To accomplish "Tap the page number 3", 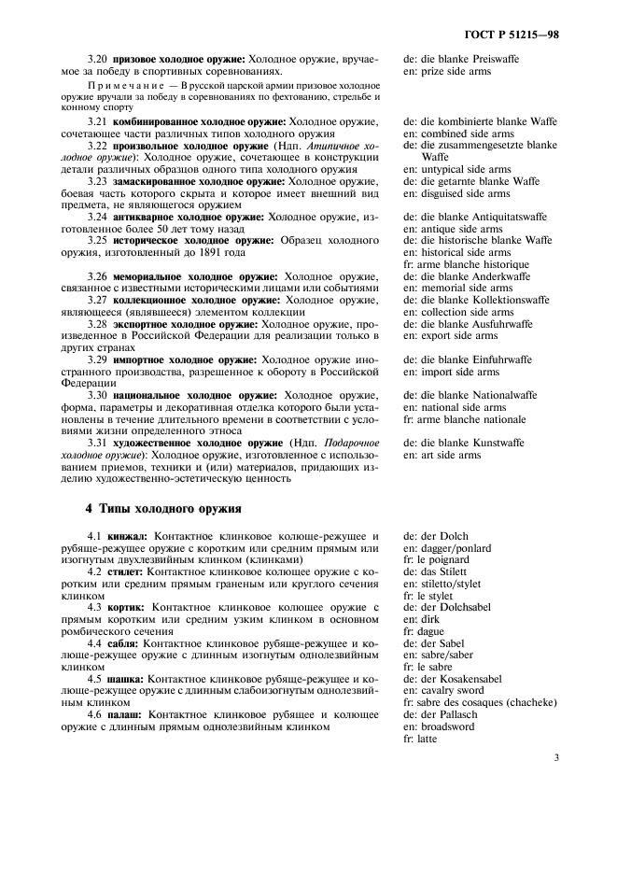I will point(555,757).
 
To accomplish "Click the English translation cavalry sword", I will point(456,690).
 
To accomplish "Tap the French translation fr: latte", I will point(421,739).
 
